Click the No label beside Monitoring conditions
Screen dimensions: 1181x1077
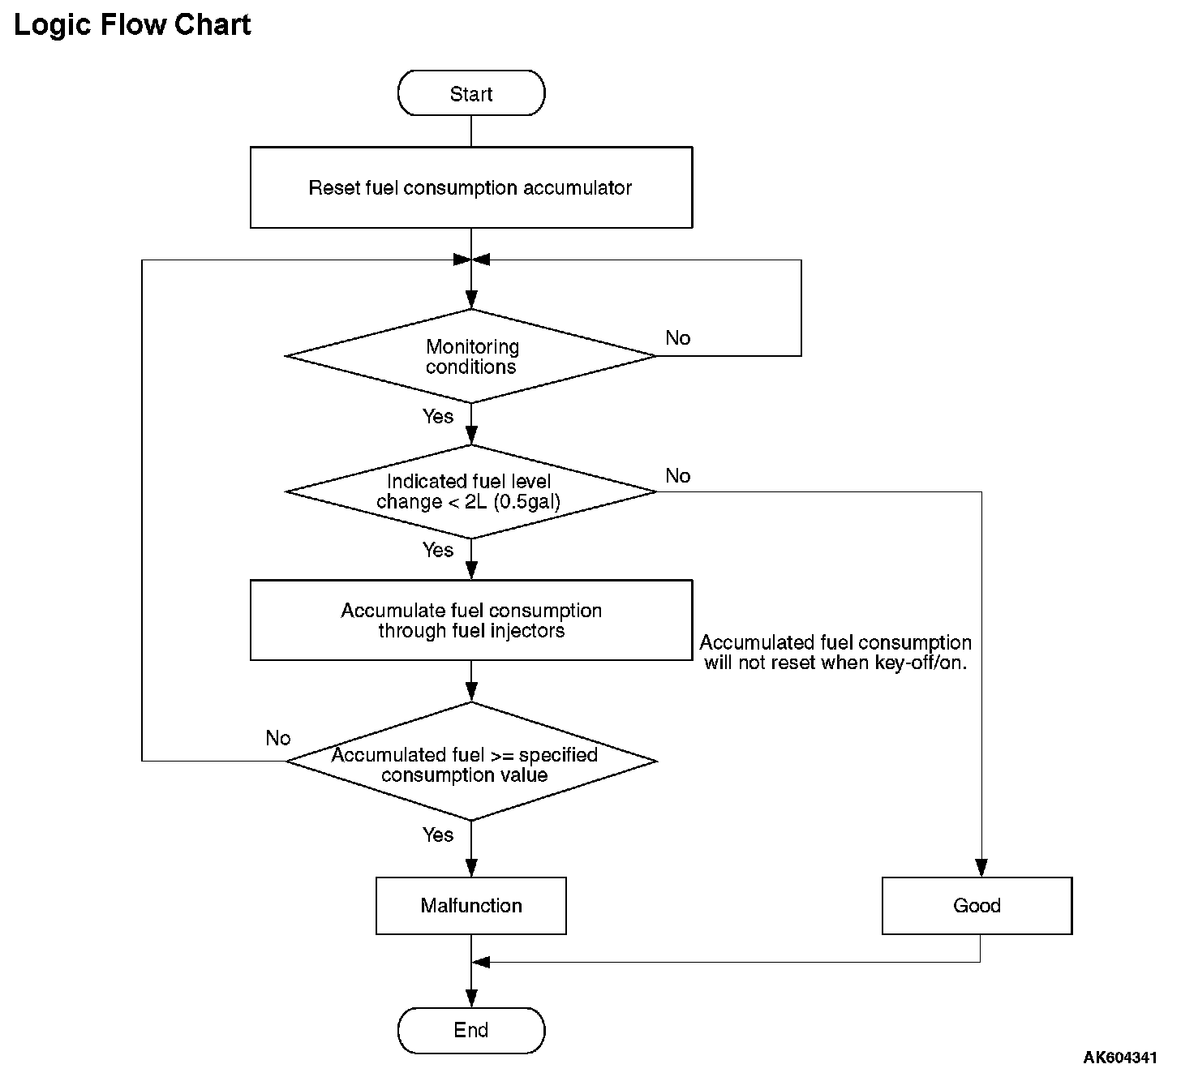pos(677,338)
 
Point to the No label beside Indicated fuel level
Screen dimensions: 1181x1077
pos(677,476)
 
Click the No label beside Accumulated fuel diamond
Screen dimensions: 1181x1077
pos(278,738)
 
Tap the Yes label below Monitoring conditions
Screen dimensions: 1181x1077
pos(437,416)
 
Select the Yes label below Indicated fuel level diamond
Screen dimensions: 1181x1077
pos(437,550)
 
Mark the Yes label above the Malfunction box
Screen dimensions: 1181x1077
pos(437,835)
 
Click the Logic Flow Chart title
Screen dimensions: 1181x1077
pos(132,25)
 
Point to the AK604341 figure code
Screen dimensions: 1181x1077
pos(1120,1058)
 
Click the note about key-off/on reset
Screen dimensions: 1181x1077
pos(835,652)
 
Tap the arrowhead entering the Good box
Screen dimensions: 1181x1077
pos(981,868)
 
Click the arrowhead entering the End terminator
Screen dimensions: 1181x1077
pos(471,998)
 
